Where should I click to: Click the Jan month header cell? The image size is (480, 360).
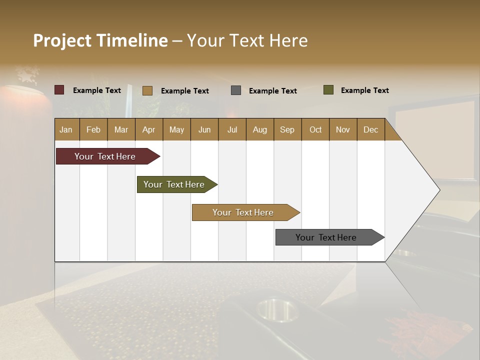click(x=66, y=129)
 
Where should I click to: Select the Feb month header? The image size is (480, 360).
click(x=93, y=129)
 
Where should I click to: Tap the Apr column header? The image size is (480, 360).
click(x=149, y=129)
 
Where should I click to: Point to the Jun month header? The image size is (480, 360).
click(x=204, y=129)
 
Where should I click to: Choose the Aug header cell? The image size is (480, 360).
click(x=260, y=129)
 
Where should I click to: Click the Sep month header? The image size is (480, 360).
click(x=287, y=129)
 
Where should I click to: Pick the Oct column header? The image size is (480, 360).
click(x=315, y=129)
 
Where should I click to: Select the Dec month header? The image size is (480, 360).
click(x=371, y=129)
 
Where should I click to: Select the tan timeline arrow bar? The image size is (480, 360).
click(x=243, y=212)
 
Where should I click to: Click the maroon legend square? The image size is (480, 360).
click(x=59, y=90)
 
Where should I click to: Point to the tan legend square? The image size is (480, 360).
click(x=147, y=90)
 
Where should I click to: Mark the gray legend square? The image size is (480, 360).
click(x=236, y=90)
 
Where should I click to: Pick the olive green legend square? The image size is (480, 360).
click(x=328, y=90)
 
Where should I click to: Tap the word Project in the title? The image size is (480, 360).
click(x=62, y=40)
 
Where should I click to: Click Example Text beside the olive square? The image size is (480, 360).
click(x=364, y=90)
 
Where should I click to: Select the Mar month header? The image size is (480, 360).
click(x=121, y=129)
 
